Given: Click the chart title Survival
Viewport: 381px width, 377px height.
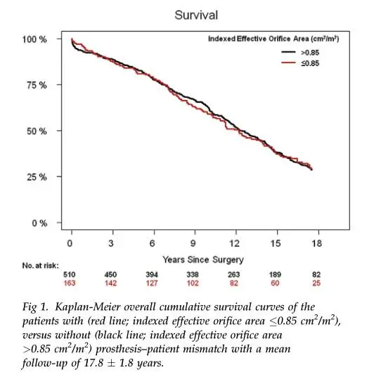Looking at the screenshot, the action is tap(196, 15).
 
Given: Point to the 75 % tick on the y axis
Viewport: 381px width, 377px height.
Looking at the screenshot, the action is tap(59, 84).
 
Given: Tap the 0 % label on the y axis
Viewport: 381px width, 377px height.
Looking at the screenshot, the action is tap(39, 223).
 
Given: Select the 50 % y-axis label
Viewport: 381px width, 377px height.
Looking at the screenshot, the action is tap(37, 132).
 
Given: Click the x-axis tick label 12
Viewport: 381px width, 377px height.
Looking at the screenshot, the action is tap(235, 243).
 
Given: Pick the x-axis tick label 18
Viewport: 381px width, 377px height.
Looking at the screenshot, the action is tap(316, 243).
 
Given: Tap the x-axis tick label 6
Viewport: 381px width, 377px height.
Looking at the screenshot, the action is tap(152, 243).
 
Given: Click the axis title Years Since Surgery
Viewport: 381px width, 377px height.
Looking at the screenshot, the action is tap(203, 260).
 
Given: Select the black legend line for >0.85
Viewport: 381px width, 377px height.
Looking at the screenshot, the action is tap(288, 52).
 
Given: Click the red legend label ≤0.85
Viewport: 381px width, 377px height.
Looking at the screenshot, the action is tap(310, 63).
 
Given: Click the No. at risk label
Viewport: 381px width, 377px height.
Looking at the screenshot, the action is tap(41, 266).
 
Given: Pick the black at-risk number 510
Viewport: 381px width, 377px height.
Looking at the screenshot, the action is tap(70, 275).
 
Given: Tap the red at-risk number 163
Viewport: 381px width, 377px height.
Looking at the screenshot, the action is tap(70, 283).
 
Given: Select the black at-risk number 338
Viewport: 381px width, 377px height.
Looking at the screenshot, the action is tap(193, 275).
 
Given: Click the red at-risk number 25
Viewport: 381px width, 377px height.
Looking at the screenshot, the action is tap(316, 283).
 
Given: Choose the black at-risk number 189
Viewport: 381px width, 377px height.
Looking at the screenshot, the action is tap(275, 275).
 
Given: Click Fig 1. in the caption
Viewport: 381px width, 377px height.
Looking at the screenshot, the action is tap(35, 307).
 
